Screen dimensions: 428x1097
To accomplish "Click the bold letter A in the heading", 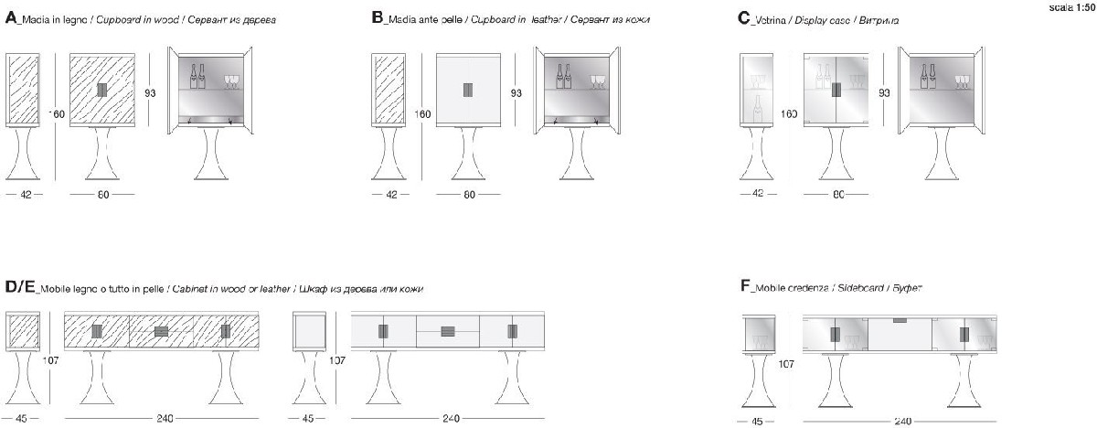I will tap(11, 18).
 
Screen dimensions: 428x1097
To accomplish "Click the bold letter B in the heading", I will tap(378, 18).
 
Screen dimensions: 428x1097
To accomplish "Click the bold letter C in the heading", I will tap(743, 18).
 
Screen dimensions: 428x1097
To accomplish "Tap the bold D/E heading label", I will tap(19, 287).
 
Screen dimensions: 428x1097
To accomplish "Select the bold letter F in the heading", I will tap(744, 287).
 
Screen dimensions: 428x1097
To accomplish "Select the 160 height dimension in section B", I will tap(421, 114).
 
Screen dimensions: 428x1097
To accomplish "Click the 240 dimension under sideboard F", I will tap(902, 421).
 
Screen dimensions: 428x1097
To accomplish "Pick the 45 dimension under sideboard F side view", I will tap(756, 421).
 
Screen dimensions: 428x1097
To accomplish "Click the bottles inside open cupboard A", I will tap(196, 75).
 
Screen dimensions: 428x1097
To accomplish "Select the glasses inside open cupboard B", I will tap(598, 82).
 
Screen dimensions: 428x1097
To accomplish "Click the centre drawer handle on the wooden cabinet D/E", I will tap(162, 332).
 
